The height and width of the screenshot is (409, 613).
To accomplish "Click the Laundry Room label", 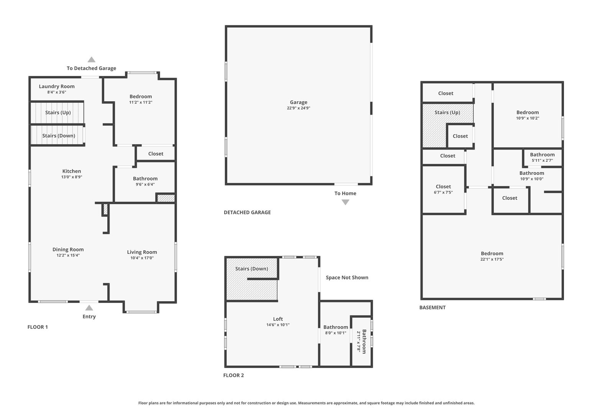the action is pyautogui.click(x=57, y=87).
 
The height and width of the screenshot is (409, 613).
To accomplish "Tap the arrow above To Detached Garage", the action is pyautogui.click(x=92, y=60).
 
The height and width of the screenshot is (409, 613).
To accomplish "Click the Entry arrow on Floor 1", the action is pyautogui.click(x=89, y=308).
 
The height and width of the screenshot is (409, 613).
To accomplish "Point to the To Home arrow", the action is pyautogui.click(x=345, y=202).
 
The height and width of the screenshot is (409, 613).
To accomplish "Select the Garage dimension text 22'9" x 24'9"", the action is pyautogui.click(x=298, y=108).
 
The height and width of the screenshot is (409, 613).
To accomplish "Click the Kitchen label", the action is pyautogui.click(x=72, y=171).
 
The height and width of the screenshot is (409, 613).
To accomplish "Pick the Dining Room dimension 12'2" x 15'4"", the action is pyautogui.click(x=68, y=255).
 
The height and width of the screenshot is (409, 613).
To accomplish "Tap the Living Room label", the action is pyautogui.click(x=142, y=252).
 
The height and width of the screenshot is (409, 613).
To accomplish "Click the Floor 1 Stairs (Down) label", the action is pyautogui.click(x=59, y=136).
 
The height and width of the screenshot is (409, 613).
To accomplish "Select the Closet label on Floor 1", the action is pyautogui.click(x=156, y=154).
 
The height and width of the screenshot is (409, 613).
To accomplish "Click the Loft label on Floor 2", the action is pyautogui.click(x=278, y=319).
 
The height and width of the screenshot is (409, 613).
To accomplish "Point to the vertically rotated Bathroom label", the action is pyautogui.click(x=364, y=342).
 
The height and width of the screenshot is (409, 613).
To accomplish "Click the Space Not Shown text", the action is pyautogui.click(x=347, y=278).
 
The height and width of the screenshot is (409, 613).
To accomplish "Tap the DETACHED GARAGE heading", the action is pyautogui.click(x=247, y=212).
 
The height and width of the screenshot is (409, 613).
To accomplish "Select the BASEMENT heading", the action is pyautogui.click(x=433, y=308).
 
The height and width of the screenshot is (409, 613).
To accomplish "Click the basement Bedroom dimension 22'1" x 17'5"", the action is pyautogui.click(x=492, y=260).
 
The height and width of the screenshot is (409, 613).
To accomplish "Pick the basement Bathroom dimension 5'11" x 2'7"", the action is pyautogui.click(x=543, y=161).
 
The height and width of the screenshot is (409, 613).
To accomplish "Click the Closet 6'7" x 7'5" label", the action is pyautogui.click(x=443, y=187).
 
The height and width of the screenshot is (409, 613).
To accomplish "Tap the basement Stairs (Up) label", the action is pyautogui.click(x=447, y=113).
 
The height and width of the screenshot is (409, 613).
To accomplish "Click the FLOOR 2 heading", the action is pyautogui.click(x=234, y=375).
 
